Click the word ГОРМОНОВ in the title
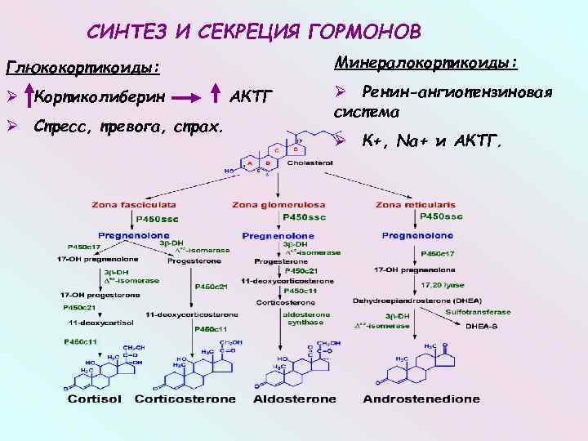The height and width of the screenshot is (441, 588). click(365, 32)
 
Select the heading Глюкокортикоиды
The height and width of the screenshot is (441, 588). click(82, 65)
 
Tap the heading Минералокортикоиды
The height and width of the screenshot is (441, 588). click(426, 63)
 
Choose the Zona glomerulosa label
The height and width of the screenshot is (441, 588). click(278, 204)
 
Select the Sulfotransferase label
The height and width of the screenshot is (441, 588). click(479, 311)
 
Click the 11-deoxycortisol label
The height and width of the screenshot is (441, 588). click(91, 323)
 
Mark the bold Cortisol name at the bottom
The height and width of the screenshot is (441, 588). click(96, 399)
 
